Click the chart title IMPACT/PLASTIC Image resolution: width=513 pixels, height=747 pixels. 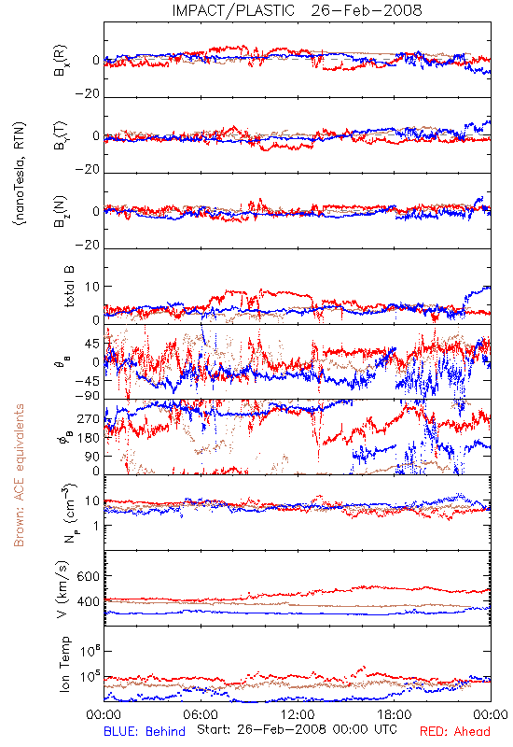[x=233, y=10]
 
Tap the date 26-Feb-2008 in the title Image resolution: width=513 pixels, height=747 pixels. [x=367, y=10]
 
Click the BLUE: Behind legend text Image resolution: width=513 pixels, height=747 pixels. [x=145, y=731]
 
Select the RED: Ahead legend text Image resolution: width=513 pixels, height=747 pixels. [x=455, y=731]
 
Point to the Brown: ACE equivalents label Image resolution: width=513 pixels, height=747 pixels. [x=19, y=475]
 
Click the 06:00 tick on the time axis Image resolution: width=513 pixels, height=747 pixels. [x=201, y=714]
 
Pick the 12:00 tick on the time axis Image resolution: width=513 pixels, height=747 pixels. [x=298, y=714]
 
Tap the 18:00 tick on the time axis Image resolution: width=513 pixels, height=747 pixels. [x=395, y=714]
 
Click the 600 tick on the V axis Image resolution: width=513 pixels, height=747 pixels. [x=88, y=576]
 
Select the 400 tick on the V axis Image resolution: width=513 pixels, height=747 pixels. [x=88, y=601]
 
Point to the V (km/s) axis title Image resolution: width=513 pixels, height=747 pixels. [x=63, y=589]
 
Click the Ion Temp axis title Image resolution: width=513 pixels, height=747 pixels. [x=64, y=664]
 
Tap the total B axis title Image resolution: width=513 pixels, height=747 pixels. [x=69, y=287]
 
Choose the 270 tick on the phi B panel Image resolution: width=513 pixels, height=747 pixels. [x=88, y=419]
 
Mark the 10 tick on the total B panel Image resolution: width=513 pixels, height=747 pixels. [x=92, y=287]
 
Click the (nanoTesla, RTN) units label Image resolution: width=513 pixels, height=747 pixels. [x=20, y=173]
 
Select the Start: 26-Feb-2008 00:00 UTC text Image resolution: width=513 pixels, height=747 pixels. [x=297, y=730]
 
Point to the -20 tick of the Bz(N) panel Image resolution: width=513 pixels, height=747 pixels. [x=87, y=245]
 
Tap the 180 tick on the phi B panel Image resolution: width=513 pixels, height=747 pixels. [x=88, y=438]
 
